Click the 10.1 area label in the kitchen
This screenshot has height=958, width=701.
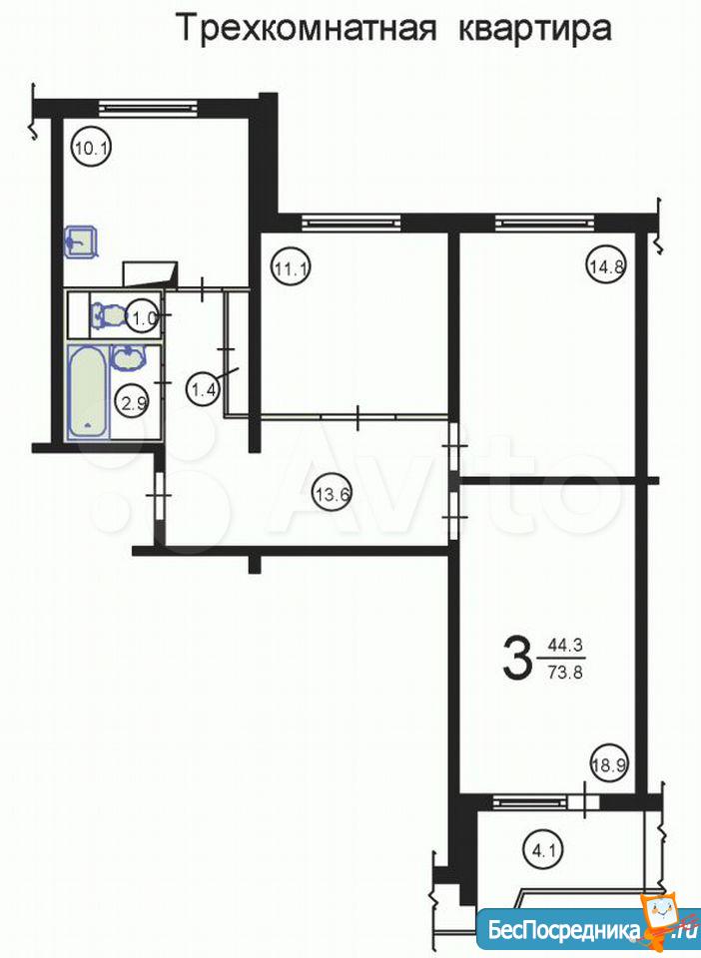(x=91, y=148)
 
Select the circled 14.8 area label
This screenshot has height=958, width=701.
(x=607, y=266)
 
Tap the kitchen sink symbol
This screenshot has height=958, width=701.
(x=81, y=241)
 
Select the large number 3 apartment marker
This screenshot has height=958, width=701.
(x=516, y=658)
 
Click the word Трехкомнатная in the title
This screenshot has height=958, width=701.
(x=308, y=29)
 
